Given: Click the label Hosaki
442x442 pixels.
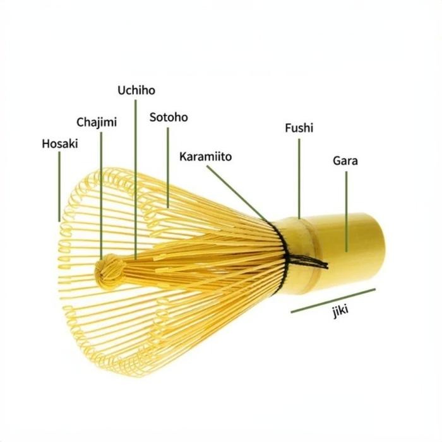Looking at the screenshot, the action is (60, 143).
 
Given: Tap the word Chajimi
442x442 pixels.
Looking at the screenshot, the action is (97, 122).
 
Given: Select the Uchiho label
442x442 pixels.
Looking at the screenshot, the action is (136, 90).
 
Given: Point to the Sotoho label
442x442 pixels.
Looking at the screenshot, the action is (169, 117).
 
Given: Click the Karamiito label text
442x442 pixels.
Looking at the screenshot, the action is (205, 156).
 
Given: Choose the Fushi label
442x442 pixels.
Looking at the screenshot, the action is (299, 128).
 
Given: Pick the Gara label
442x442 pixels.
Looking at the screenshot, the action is (345, 160).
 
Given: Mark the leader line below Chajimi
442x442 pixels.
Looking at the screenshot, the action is (100, 189).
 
